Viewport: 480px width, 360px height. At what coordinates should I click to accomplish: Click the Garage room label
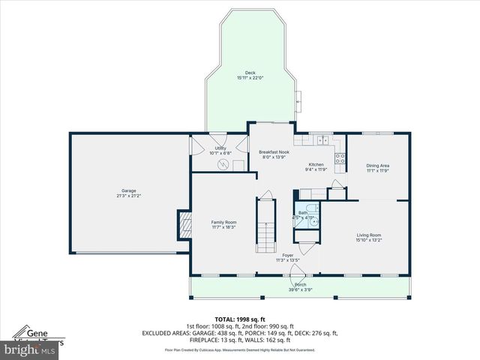(x=129, y=190)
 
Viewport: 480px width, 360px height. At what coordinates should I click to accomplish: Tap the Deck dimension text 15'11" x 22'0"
(x=250, y=78)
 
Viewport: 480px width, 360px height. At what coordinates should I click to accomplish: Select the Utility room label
(x=220, y=148)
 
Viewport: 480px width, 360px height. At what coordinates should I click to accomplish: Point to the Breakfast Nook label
(x=274, y=151)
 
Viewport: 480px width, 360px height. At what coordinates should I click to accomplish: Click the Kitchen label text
(x=316, y=164)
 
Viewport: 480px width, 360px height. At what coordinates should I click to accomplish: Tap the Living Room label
(x=368, y=235)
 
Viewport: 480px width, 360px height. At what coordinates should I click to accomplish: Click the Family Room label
(x=223, y=222)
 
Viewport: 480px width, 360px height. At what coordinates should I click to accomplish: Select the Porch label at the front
(x=300, y=284)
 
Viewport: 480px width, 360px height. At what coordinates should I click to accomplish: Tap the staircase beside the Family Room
(x=265, y=225)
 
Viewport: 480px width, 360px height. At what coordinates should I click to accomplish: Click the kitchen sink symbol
(x=323, y=139)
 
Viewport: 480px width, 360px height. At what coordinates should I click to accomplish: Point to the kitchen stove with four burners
(x=339, y=158)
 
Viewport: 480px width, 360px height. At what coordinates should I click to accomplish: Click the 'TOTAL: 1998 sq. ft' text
(x=240, y=319)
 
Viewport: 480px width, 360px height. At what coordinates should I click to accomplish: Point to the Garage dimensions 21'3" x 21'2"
(x=129, y=196)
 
